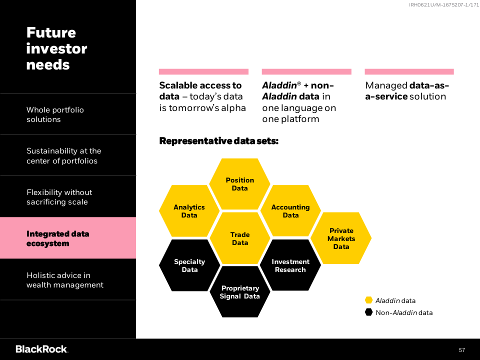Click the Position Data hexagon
point(239,184)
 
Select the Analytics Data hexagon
point(189,211)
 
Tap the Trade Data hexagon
point(239,238)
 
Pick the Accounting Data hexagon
point(290,211)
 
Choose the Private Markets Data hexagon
point(341,238)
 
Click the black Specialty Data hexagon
point(189,265)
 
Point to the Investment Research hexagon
point(290,265)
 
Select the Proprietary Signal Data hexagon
point(239,291)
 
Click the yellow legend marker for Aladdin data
point(369,300)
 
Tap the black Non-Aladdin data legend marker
point(369,312)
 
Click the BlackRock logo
point(42,349)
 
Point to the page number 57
point(461,350)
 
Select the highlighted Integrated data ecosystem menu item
point(68,238)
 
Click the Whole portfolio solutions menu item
point(55,114)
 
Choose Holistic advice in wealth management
point(65,280)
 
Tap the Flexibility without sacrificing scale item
point(59,197)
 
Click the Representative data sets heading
point(219,141)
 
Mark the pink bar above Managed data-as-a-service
point(409,71)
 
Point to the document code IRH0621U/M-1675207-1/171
point(444,5)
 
